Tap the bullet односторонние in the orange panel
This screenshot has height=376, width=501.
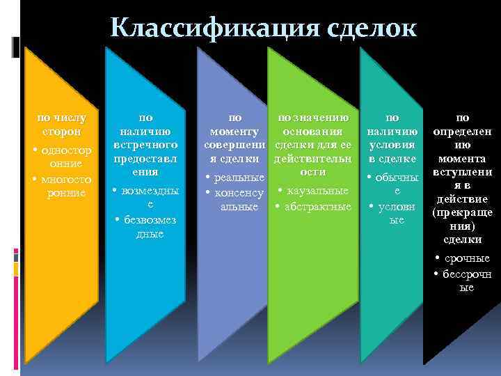click(65, 157)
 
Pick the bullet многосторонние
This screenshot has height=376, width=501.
click(65, 185)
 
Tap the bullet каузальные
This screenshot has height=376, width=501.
click(317, 191)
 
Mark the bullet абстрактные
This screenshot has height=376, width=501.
click(317, 206)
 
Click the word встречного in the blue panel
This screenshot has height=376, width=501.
click(146, 144)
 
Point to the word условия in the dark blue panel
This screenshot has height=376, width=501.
click(392, 145)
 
